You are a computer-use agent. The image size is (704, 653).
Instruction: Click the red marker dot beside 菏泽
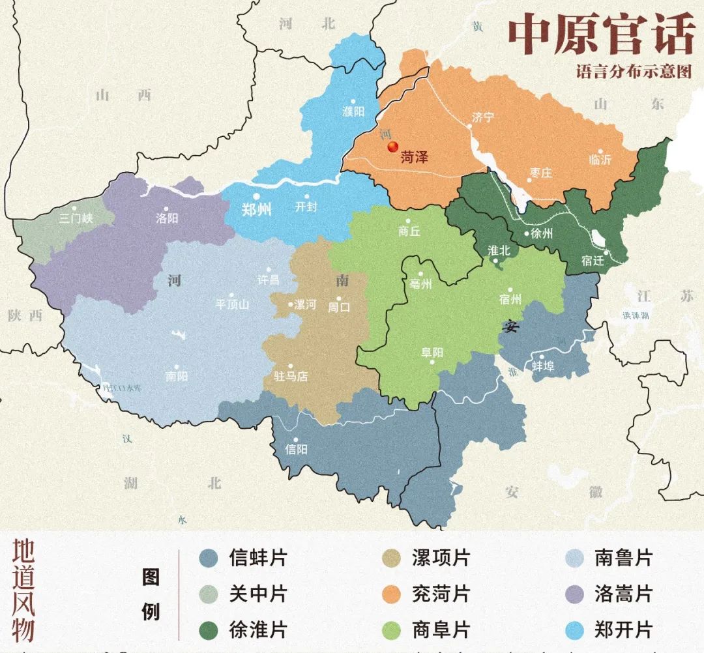[393, 148]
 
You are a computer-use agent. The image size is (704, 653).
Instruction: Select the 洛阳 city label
[167, 218]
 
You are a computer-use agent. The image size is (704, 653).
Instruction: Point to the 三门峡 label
[76, 218]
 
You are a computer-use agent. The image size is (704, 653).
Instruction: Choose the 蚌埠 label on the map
[543, 366]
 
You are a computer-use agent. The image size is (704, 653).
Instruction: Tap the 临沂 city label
[600, 160]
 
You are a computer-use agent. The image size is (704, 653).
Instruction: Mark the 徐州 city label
[542, 234]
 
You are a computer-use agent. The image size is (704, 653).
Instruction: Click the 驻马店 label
[291, 377]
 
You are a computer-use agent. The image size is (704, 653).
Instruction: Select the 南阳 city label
[177, 376]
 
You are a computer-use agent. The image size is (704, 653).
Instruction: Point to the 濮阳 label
[353, 111]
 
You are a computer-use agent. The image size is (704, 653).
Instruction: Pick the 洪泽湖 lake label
[636, 315]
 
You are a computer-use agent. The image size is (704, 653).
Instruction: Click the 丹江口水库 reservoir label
[121, 388]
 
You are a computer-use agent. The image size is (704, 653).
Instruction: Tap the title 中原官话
[601, 36]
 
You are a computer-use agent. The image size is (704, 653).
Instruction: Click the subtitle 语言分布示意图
[634, 72]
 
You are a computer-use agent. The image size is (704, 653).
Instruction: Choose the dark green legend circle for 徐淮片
[209, 630]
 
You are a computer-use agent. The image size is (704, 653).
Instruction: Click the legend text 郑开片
[623, 630]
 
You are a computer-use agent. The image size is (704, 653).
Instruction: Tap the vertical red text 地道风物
[23, 590]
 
